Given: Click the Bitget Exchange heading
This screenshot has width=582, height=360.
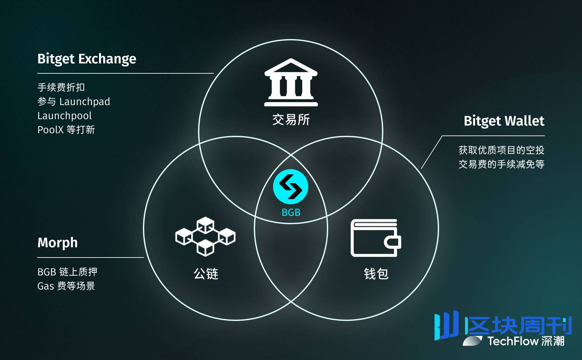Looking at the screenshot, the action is (x=87, y=59).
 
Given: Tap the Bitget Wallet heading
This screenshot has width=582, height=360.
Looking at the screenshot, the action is (x=504, y=121).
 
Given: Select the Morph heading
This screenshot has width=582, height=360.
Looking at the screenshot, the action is (x=58, y=243).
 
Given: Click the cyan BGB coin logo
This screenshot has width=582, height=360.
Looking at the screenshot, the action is (x=291, y=187).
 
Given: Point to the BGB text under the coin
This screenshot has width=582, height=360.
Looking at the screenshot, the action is (x=291, y=212).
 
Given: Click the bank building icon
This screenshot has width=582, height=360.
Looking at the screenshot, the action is (x=291, y=82).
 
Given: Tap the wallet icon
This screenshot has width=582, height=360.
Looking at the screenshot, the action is (x=376, y=238).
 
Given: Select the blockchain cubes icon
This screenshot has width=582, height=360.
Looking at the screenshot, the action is (x=205, y=236).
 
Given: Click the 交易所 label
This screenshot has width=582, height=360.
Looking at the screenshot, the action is (x=291, y=120).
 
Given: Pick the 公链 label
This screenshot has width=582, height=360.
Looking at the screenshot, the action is (x=206, y=274).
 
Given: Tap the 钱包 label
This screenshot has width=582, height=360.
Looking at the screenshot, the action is (x=376, y=274).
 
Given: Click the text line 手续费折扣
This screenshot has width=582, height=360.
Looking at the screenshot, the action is (x=61, y=87).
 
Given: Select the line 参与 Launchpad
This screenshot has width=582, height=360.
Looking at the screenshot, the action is (x=74, y=102).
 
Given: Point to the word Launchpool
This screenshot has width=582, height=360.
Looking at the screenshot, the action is (x=65, y=116).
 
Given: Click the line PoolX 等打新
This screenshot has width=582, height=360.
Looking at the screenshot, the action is (x=66, y=130).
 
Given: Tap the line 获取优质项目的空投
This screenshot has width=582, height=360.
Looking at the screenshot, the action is (x=502, y=150).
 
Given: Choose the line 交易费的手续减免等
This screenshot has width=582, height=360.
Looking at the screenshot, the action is (x=502, y=164).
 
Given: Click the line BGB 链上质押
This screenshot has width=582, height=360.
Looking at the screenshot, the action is (x=67, y=272).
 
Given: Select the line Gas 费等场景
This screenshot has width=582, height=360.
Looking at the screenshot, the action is (x=66, y=286).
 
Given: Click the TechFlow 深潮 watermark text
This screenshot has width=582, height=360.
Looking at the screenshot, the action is (x=526, y=341).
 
